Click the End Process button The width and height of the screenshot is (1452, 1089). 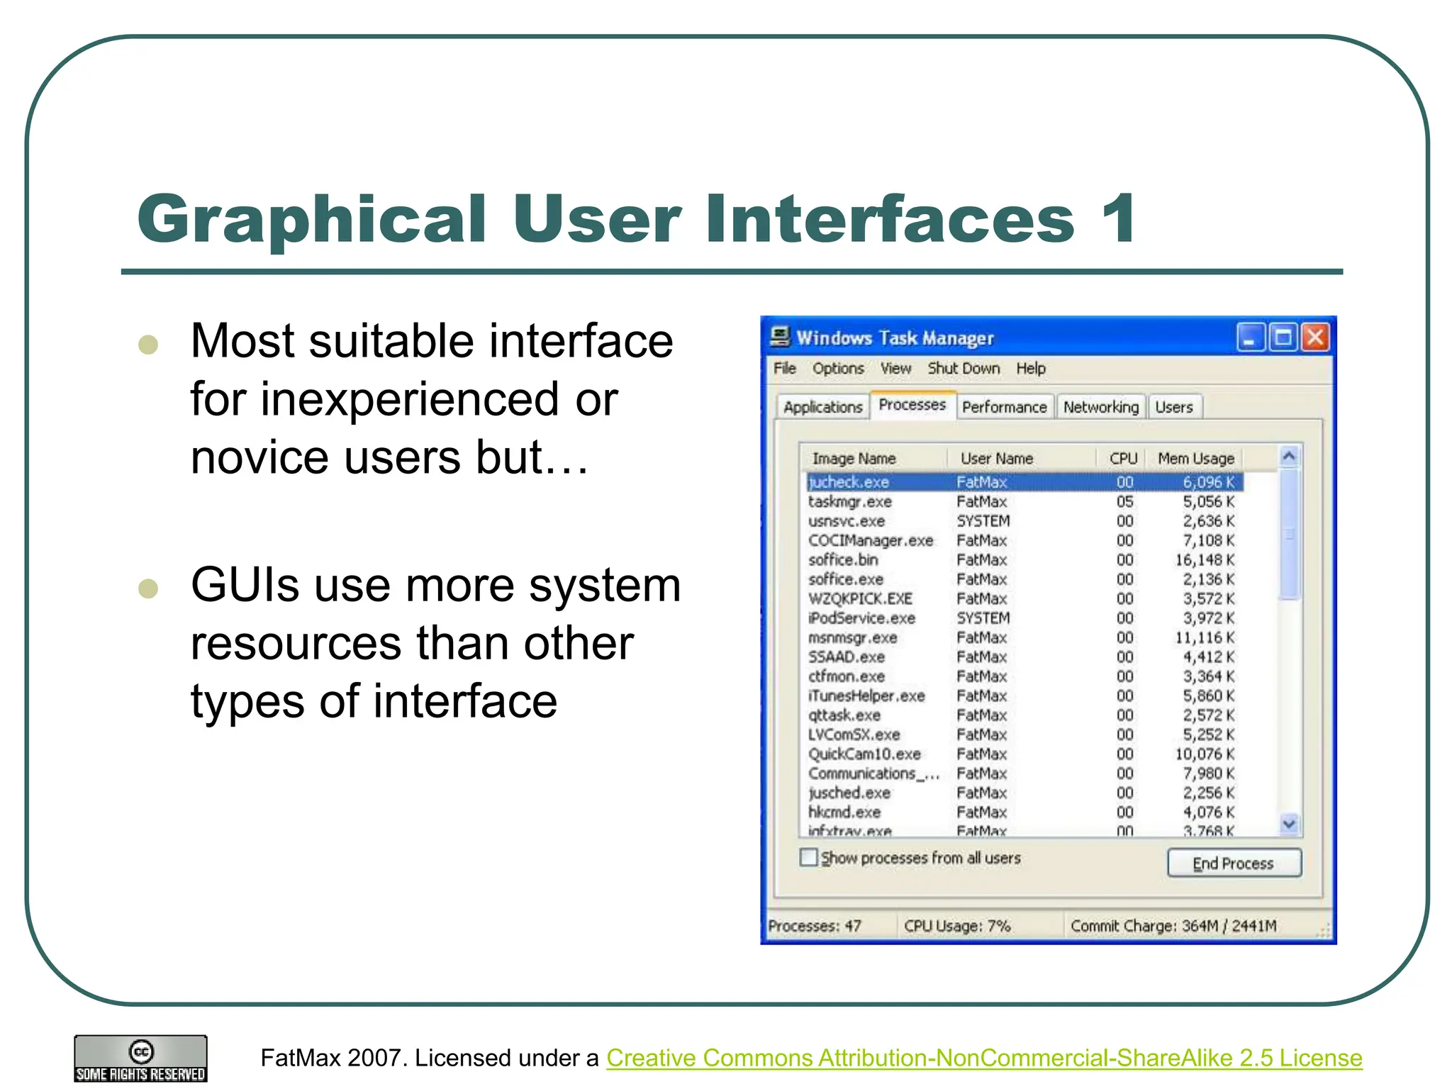[1234, 863]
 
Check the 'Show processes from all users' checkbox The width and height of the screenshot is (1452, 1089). [808, 857]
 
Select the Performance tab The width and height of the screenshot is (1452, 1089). [1004, 407]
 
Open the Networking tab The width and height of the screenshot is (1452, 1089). [1100, 407]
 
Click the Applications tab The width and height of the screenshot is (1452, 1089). [822, 407]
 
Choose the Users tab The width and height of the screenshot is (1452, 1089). [1174, 407]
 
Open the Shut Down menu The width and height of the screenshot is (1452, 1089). [964, 368]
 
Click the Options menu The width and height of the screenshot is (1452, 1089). [838, 368]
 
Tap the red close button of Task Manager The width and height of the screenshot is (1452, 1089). [1315, 337]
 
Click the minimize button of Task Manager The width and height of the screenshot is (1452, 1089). [1250, 337]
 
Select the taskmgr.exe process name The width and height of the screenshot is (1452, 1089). [850, 501]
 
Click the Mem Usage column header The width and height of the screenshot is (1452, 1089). [1195, 458]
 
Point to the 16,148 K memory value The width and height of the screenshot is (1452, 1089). [1205, 559]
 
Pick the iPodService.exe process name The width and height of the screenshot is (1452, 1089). [861, 618]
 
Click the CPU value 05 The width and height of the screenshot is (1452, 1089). [1125, 501]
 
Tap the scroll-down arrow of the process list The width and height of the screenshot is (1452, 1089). [1290, 823]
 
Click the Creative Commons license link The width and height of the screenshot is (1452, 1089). [984, 1057]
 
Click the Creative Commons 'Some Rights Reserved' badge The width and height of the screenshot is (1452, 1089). [140, 1059]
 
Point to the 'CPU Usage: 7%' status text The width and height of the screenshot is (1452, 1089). [957, 925]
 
